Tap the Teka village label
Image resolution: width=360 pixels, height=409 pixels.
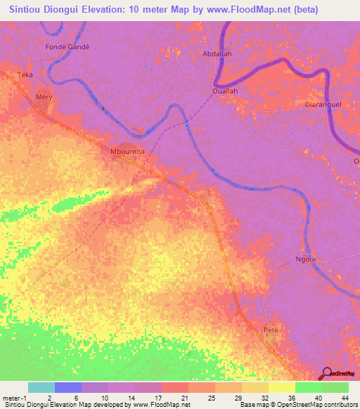[25, 74]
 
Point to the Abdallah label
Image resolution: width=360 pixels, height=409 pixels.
[217, 53]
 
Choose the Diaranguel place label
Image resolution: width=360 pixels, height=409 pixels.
[323, 103]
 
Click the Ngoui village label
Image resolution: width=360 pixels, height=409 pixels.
[305, 258]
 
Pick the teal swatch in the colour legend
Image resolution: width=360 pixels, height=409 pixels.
[41, 387]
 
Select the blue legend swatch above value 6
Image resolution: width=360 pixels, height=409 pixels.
[68, 387]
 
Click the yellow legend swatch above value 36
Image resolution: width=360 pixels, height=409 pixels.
[281, 387]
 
